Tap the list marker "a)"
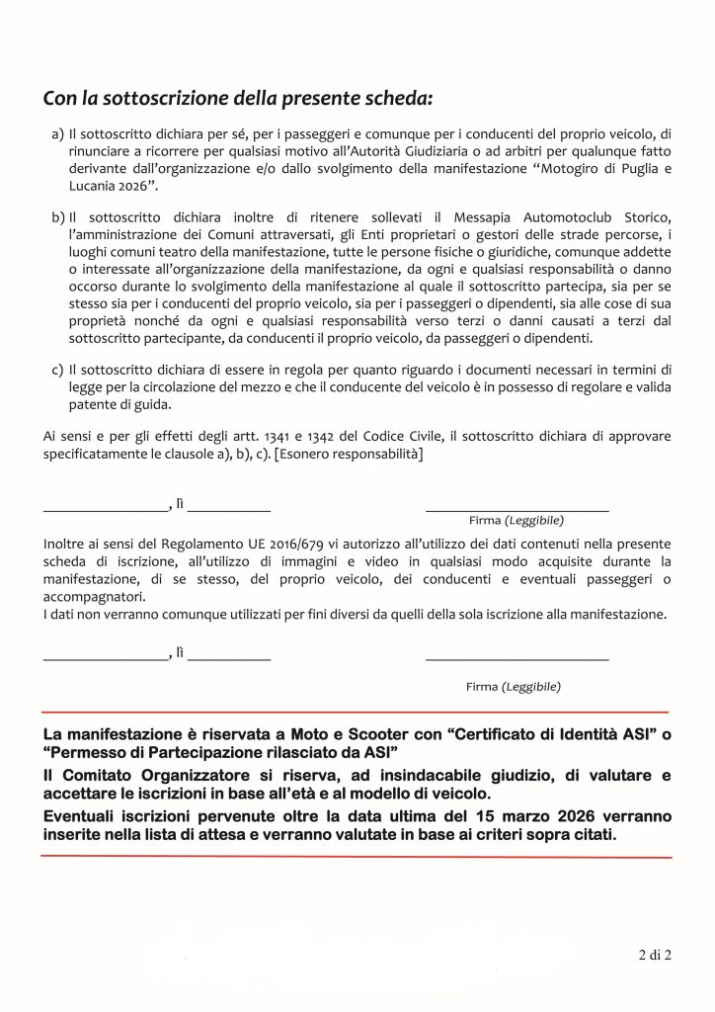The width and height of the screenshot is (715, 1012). coord(56,133)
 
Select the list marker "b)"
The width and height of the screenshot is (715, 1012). coord(56,216)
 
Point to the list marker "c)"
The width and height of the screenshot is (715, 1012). coord(56,369)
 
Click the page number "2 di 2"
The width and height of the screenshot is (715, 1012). coord(653,956)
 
